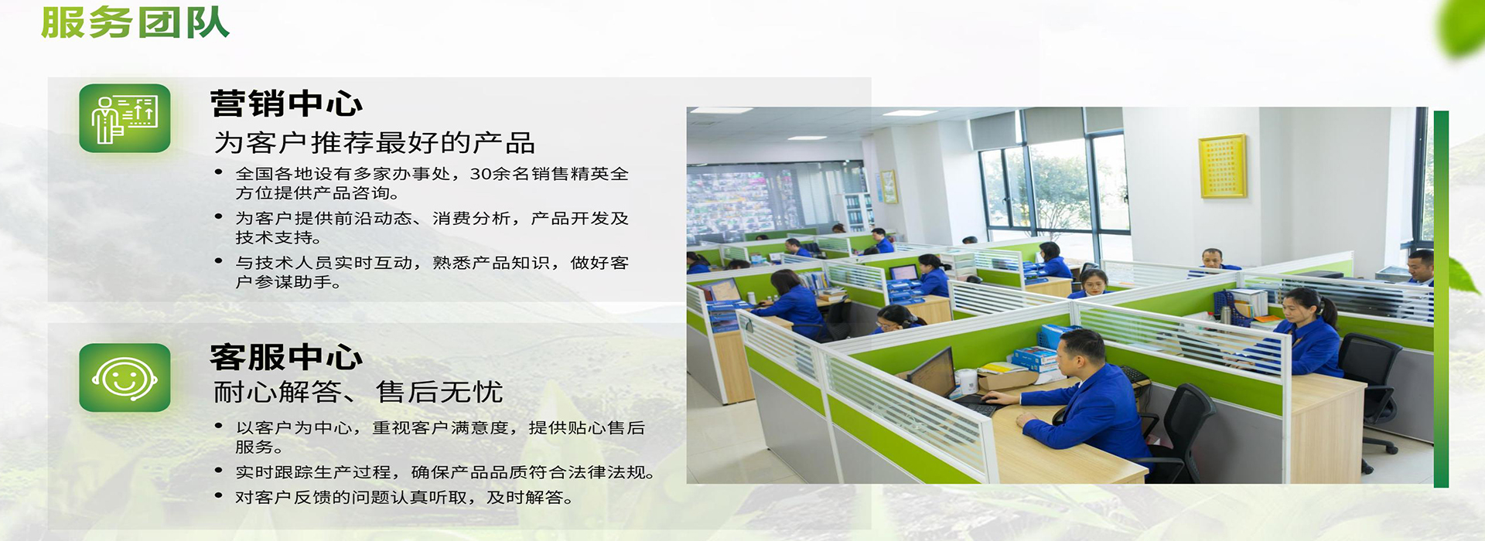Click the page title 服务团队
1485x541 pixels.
pyautogui.click(x=135, y=22)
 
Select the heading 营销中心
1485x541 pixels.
pyautogui.click(x=286, y=104)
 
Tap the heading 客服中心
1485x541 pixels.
pyautogui.click(x=286, y=357)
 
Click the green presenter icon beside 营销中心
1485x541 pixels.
pyautogui.click(x=125, y=118)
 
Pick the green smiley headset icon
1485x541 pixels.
pyautogui.click(x=125, y=378)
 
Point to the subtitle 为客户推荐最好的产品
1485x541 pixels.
pyautogui.click(x=374, y=143)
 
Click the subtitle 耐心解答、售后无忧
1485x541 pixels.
pyautogui.click(x=358, y=393)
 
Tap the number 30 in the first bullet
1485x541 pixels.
pyautogui.click(x=480, y=174)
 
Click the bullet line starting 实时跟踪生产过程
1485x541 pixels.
pyautogui.click(x=445, y=472)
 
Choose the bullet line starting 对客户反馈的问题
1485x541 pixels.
pyautogui.click(x=405, y=498)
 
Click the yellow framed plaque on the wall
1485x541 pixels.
pyautogui.click(x=1222, y=166)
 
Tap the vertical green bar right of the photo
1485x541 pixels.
pyautogui.click(x=1441, y=299)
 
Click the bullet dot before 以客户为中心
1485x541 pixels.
pyautogui.click(x=219, y=426)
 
